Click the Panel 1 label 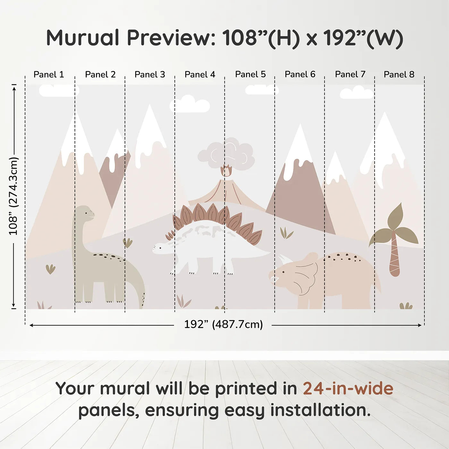[49, 74]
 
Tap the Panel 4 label [200, 74]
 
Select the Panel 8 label [399, 74]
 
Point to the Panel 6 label [300, 74]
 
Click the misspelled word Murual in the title [83, 38]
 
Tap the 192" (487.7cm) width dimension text [223, 324]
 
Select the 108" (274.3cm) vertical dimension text [13, 196]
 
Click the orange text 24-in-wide [348, 388]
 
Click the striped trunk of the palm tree [394, 257]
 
